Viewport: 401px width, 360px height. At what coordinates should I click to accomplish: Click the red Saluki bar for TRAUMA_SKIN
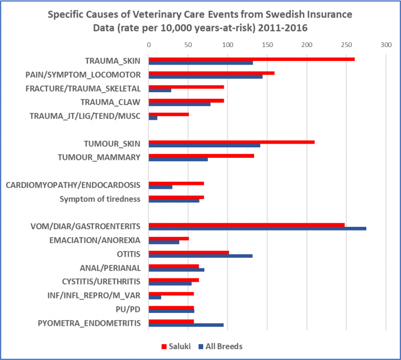[251, 59]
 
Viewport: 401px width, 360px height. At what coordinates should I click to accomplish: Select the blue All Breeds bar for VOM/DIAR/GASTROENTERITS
[257, 228]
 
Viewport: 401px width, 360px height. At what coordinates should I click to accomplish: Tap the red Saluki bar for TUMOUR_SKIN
[231, 142]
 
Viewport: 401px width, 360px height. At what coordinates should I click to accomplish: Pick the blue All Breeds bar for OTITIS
[200, 256]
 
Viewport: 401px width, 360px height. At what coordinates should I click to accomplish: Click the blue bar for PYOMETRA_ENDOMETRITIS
[186, 325]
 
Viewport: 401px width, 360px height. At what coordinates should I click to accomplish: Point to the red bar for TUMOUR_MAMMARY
[201, 156]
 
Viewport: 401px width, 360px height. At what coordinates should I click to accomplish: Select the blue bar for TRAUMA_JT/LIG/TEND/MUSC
[153, 118]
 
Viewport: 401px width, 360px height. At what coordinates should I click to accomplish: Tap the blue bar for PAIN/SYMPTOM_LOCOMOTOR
[205, 77]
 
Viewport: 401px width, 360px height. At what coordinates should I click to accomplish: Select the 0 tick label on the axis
[149, 45]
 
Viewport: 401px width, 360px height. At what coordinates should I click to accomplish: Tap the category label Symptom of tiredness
[100, 199]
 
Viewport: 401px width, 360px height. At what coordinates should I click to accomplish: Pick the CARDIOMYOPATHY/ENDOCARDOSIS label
[73, 185]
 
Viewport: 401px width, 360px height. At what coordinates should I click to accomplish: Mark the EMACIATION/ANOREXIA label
[95, 240]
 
